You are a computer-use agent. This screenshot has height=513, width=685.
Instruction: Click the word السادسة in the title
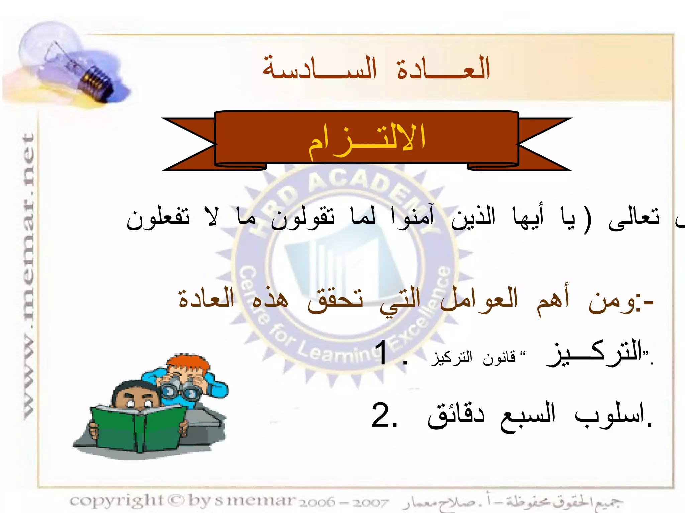[x=319, y=68]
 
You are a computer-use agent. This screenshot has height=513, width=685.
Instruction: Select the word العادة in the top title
[x=443, y=68]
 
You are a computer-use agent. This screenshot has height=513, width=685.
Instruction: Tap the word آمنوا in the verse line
[x=413, y=217]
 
